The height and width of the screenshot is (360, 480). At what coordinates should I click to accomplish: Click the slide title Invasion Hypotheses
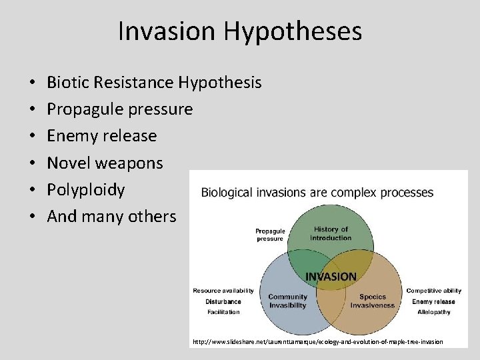click(x=240, y=31)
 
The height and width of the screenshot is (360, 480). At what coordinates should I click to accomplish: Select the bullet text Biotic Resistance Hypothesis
click(x=154, y=83)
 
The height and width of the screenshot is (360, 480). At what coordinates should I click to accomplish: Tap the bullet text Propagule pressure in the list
click(x=120, y=109)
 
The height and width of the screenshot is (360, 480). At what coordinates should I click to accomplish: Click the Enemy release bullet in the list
click(x=102, y=136)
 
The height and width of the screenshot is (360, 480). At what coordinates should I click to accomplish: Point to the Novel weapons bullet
click(x=105, y=163)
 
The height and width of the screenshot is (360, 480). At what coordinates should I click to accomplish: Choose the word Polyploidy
click(x=86, y=189)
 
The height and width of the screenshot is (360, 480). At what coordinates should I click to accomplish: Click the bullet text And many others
click(x=111, y=216)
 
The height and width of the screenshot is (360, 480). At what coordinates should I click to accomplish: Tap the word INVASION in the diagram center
click(x=331, y=276)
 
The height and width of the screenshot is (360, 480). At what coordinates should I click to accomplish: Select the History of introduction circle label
click(x=331, y=233)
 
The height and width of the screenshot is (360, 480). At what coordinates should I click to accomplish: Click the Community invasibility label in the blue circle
click(x=287, y=301)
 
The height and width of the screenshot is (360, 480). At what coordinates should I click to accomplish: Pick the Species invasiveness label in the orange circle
click(x=373, y=301)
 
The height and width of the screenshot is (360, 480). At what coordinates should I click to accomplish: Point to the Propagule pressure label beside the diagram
click(x=270, y=235)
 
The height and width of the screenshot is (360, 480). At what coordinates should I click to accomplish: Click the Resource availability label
click(x=223, y=291)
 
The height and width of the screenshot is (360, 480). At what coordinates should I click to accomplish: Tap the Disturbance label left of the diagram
click(x=223, y=301)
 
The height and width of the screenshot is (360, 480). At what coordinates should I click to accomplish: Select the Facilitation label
click(x=223, y=312)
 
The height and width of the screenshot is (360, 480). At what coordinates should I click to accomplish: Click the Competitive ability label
click(x=433, y=291)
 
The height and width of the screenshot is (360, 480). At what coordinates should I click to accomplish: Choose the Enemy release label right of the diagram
click(x=433, y=301)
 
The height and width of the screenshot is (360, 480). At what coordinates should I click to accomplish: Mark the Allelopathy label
click(x=433, y=312)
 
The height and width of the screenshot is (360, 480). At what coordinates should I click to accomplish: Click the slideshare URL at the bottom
click(x=317, y=342)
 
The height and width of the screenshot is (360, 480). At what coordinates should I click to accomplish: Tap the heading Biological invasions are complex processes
click(x=317, y=193)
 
